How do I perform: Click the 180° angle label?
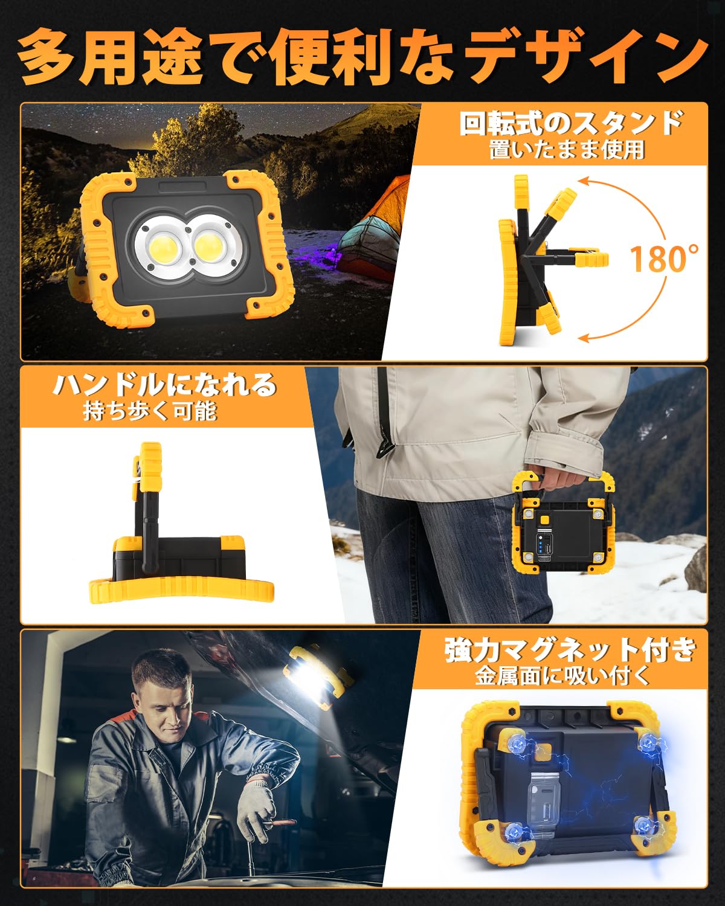tap(664, 258)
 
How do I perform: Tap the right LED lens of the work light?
tap(211, 248)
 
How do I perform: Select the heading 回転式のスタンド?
tap(571, 124)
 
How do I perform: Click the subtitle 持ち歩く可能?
tap(150, 412)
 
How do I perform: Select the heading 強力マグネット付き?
tap(570, 651)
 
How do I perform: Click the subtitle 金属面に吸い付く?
tap(562, 676)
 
